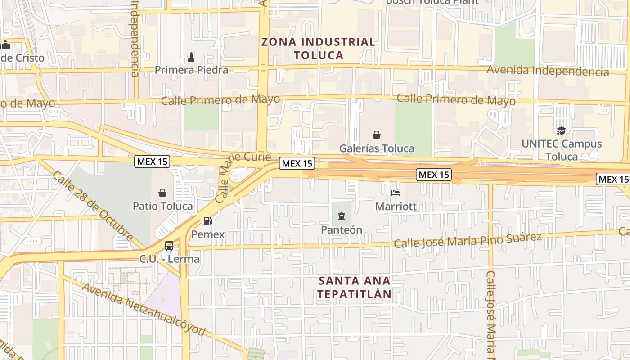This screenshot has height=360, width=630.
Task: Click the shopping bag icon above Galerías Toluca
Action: pos(377,135)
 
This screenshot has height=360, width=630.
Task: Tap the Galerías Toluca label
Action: pos(377,148)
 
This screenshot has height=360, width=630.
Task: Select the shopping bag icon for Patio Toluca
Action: pos(162,193)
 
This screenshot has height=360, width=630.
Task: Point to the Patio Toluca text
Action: pos(162,206)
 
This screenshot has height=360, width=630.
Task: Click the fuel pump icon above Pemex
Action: pos(207,221)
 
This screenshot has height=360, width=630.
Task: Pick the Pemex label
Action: pos(207,234)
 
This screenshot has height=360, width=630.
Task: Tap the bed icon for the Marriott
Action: pos(396,193)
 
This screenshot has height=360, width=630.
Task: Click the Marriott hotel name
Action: pos(396,207)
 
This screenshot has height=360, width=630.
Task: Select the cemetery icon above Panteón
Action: pos(341,217)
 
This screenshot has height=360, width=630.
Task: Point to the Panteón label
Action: pos(341,229)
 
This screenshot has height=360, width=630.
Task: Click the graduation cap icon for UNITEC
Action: pos(561,130)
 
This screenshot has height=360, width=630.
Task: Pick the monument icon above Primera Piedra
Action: pos(191,57)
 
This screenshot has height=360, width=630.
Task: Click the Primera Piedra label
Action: pos(191,70)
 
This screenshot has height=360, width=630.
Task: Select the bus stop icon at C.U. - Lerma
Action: pos(169,246)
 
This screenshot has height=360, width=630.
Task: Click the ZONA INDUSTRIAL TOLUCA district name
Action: pos(319,49)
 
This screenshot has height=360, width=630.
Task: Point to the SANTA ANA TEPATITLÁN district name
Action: pos(355,287)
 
